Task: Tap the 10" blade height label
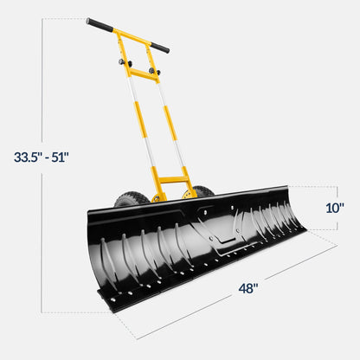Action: tap(335, 208)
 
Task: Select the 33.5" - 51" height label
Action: tap(41, 157)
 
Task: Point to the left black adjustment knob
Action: tap(118, 61)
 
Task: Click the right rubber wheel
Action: tap(202, 191)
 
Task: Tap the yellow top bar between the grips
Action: tap(130, 35)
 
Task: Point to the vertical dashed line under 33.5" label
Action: tap(41, 234)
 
